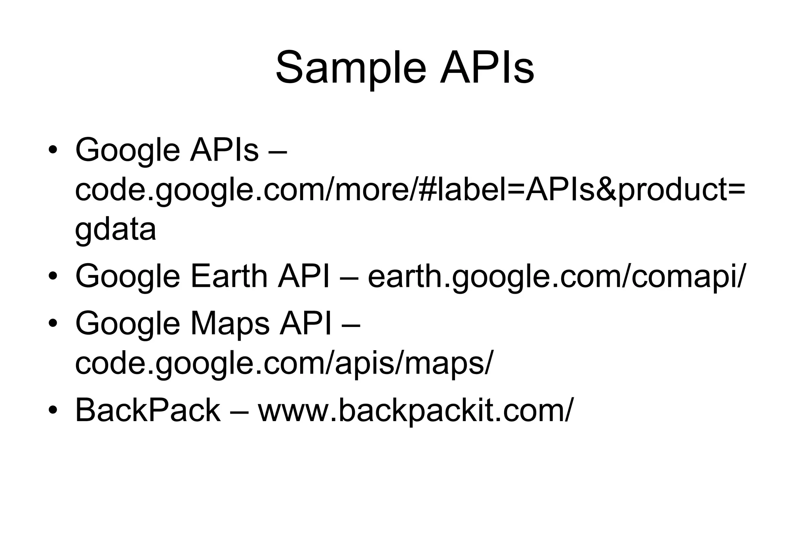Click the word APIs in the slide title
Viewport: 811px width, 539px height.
[x=487, y=68]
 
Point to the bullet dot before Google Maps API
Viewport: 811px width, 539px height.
[x=53, y=323]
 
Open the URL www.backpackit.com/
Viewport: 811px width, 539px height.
[x=415, y=411]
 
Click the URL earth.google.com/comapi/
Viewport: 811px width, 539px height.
[x=556, y=277]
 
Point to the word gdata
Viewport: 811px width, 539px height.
[x=115, y=230]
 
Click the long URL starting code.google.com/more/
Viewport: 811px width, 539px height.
[x=410, y=190]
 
